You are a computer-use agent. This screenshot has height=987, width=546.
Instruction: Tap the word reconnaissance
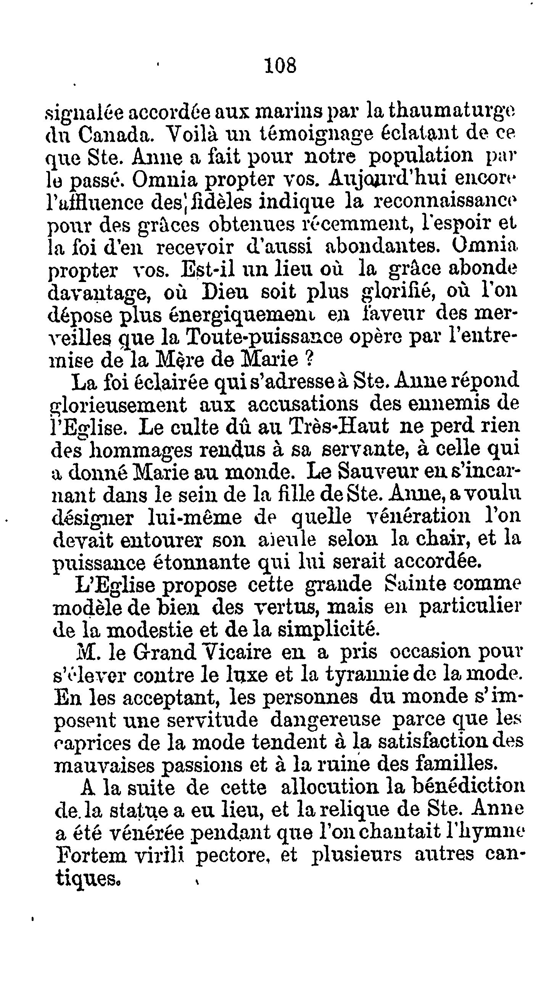pos(445,201)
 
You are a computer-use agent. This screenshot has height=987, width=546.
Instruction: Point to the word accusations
pos(295,404)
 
